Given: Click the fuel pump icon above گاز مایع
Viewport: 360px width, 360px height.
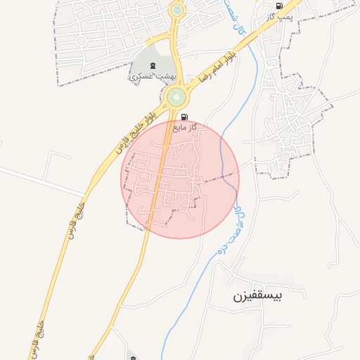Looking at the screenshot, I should tap(184, 117).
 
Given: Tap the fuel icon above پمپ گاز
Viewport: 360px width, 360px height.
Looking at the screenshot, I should tap(280, 5).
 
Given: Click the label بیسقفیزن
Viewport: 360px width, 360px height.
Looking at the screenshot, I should tap(258, 296).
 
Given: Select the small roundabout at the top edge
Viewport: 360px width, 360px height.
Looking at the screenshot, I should tap(176, 11).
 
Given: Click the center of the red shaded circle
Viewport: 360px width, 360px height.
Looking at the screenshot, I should tap(180, 179).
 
